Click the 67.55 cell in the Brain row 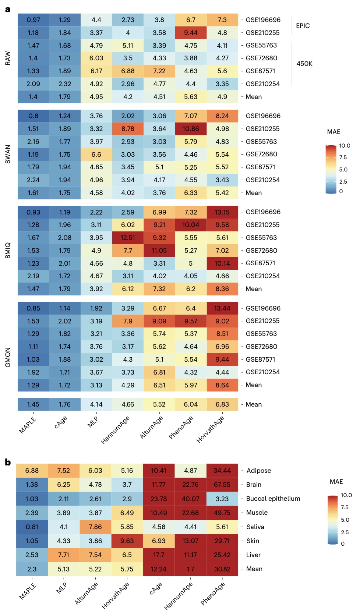tap(222, 485)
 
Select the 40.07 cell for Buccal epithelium tap(190, 499)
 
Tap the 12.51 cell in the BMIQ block tap(128, 238)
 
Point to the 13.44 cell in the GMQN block tap(222, 308)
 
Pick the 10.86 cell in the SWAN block tap(191, 129)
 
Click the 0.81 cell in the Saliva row tap(32, 527)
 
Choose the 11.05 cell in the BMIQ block tap(159, 251)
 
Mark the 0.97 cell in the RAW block tap(33, 20)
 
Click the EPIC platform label tap(303, 26)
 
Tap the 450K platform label tap(304, 64)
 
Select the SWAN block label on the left tap(8, 154)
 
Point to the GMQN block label tap(8, 357)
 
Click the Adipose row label tap(258, 471)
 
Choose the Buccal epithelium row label tap(273, 499)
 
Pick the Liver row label tap(253, 555)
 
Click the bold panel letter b tap(8, 463)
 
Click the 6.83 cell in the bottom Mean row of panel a tap(222, 404)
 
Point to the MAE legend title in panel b tap(336, 482)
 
